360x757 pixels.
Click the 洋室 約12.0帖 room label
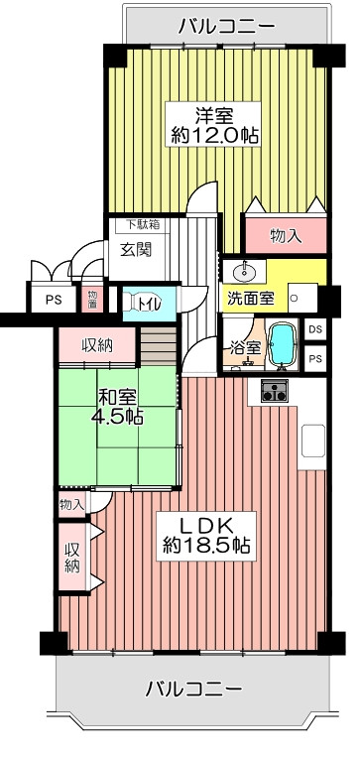213,124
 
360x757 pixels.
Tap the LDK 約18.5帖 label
206,536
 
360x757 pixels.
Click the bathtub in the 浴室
282,344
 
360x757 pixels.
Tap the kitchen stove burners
274,390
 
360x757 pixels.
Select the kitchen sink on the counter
313,441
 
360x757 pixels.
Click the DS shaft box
315,329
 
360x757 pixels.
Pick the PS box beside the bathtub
315,358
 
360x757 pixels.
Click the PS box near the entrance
54,300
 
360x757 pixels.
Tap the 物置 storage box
92,300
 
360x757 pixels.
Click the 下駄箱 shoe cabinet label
143,225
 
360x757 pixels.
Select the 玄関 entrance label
136,249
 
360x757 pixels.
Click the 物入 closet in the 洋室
286,235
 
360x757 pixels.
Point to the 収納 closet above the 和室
97,344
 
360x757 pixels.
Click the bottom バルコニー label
193,689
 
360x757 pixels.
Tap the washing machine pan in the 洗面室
302,298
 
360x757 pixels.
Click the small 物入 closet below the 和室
72,505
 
